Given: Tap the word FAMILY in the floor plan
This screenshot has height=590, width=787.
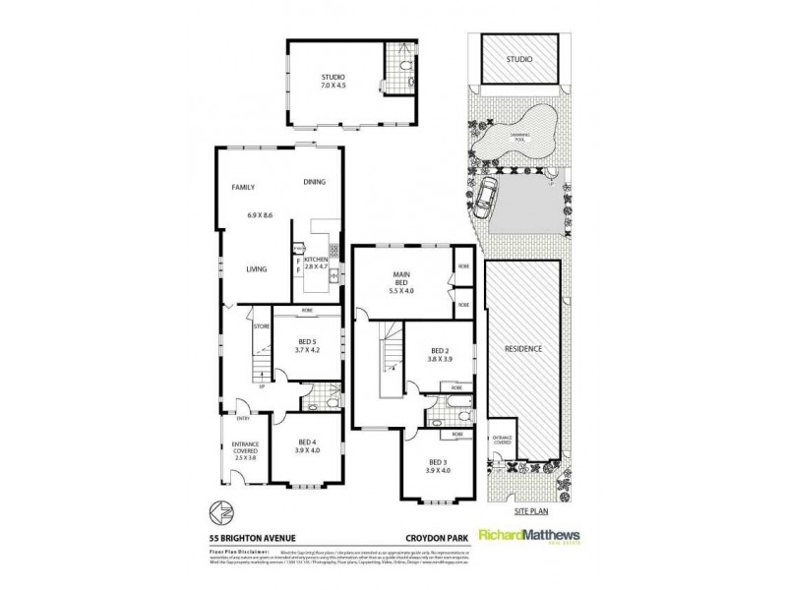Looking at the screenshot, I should [x=243, y=186].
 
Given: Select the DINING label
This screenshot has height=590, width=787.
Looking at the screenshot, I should [x=314, y=182].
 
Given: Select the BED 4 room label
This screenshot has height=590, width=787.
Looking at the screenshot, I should [x=307, y=447].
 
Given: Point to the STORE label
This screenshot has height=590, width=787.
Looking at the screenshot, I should [x=262, y=325].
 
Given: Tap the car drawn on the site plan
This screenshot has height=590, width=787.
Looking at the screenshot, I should [x=487, y=197].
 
